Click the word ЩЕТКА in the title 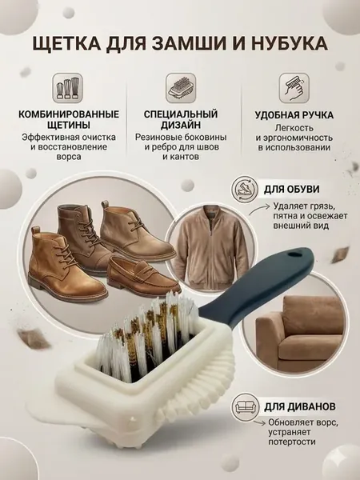click(x=66, y=43)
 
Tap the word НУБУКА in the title click(x=290, y=43)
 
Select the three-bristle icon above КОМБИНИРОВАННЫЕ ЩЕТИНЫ click(x=68, y=88)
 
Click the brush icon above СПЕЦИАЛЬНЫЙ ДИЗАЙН click(x=181, y=88)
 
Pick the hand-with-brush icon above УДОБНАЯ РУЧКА click(x=294, y=88)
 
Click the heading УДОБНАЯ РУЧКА click(x=294, y=115)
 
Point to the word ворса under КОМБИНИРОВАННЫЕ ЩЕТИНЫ click(x=69, y=157)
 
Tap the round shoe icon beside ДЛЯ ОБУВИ click(x=244, y=189)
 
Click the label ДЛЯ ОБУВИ click(x=292, y=189)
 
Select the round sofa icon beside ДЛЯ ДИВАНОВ click(x=244, y=406)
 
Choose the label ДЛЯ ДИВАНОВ click(x=300, y=406)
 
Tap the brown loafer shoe click(x=143, y=276)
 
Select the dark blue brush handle click(x=257, y=290)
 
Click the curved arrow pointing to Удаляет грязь click(x=259, y=210)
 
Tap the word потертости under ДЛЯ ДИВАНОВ click(x=292, y=442)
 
